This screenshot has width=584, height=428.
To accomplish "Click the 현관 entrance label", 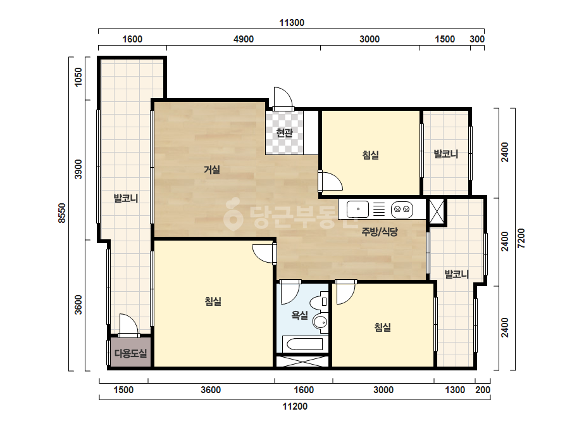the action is (285, 133).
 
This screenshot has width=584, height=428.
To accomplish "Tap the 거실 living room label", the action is (212, 170).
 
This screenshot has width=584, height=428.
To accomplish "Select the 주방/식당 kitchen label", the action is (380, 232).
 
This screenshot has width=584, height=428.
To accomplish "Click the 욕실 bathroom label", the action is (299, 315).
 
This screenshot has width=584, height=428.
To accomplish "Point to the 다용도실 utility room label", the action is (130, 353).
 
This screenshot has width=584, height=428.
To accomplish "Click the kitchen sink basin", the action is (358, 209).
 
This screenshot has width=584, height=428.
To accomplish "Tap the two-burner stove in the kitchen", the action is (402, 209).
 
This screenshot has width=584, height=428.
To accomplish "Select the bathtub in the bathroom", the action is (302, 344).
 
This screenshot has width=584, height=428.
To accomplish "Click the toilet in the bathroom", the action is (320, 303).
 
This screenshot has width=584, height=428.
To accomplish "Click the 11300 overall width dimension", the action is (292, 23).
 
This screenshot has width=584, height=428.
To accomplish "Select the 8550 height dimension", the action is (62, 213).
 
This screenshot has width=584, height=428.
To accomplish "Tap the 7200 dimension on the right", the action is (521, 239).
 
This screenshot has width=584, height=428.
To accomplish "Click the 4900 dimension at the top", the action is (244, 39).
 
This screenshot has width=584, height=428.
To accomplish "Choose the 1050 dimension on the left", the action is (78, 77).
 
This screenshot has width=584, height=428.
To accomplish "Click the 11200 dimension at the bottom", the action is (295, 406).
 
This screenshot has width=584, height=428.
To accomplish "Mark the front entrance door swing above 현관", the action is (283, 98).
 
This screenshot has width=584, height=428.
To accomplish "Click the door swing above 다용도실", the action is (128, 325).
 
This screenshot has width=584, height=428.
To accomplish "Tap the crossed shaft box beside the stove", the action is (437, 211).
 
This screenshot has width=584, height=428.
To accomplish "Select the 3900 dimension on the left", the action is (78, 169).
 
